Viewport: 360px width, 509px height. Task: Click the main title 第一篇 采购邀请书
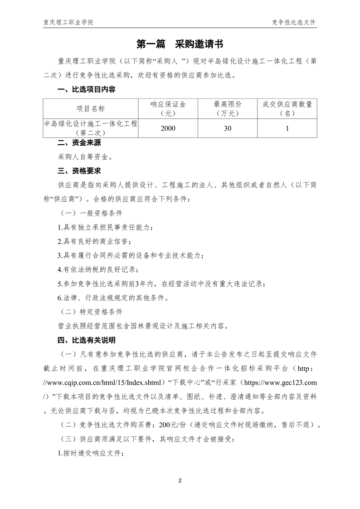pos(180,44)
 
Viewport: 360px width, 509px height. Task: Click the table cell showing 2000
pos(168,128)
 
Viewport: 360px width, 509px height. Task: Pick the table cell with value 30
pos(228,128)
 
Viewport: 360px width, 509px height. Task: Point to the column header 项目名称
pos(90,109)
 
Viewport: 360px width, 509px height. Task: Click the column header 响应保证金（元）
pos(168,109)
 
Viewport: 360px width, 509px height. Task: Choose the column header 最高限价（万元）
pos(228,109)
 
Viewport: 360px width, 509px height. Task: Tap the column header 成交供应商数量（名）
pos(287,109)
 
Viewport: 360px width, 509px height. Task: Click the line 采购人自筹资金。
pos(84,157)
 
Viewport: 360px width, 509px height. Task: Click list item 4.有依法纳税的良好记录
pos(98,269)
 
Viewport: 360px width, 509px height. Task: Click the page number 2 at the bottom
pos(180,480)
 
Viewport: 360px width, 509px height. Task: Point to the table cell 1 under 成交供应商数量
pos(287,128)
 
